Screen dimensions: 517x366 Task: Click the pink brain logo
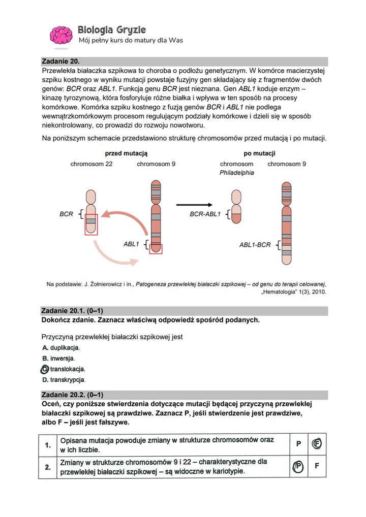[x=60, y=35]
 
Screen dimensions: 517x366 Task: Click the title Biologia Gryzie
[x=112, y=29]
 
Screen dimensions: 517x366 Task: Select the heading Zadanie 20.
[x=60, y=61]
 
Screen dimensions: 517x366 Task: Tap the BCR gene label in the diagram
[x=67, y=214]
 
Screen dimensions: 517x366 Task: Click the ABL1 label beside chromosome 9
[x=131, y=244]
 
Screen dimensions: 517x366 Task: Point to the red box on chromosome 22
[x=91, y=224]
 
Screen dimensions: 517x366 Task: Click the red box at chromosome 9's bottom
[x=156, y=248]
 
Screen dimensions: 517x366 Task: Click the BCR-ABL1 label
[x=205, y=214]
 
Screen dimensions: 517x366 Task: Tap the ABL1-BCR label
[x=256, y=245]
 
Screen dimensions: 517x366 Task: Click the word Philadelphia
[x=236, y=173]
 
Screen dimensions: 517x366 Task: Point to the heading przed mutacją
[x=126, y=153]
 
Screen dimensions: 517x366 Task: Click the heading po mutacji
[x=259, y=153]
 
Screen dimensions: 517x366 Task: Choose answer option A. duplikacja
[x=60, y=348]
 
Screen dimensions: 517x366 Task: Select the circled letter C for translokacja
[x=45, y=369]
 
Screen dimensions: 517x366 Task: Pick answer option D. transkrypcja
[x=64, y=379]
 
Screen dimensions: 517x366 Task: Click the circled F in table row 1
[x=317, y=444]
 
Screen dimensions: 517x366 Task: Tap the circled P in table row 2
[x=298, y=466]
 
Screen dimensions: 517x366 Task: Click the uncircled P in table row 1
[x=298, y=444]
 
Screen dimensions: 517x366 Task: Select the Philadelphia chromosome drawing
[x=236, y=207]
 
